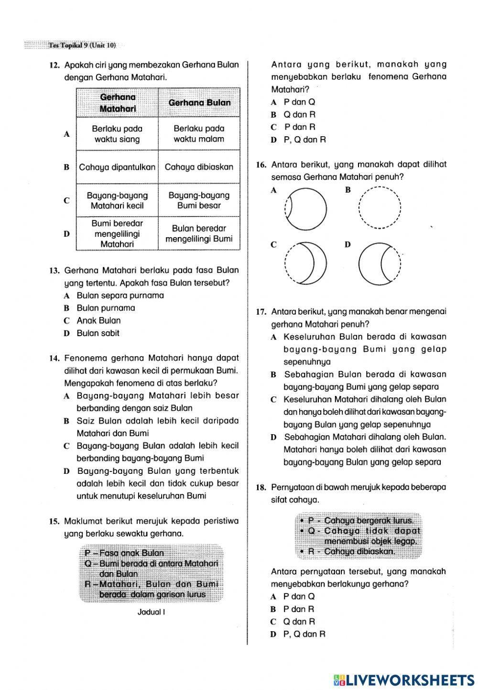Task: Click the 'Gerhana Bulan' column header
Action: point(199,102)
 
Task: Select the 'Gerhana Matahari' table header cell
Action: point(118,103)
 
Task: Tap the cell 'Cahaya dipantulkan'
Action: point(117,167)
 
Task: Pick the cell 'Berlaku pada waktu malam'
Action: point(199,134)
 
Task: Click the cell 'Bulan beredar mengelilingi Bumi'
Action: point(199,233)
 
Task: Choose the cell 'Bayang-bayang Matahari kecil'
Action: point(117,200)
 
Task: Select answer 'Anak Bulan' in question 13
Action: point(98,320)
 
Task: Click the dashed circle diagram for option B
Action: point(380,208)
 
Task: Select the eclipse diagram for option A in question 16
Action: point(306,209)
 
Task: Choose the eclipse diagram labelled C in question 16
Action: point(306,263)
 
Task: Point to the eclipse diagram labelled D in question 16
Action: point(380,263)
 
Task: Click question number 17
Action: point(261,312)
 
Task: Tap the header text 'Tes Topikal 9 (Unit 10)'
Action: point(82,45)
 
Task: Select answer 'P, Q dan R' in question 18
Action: point(304,634)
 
